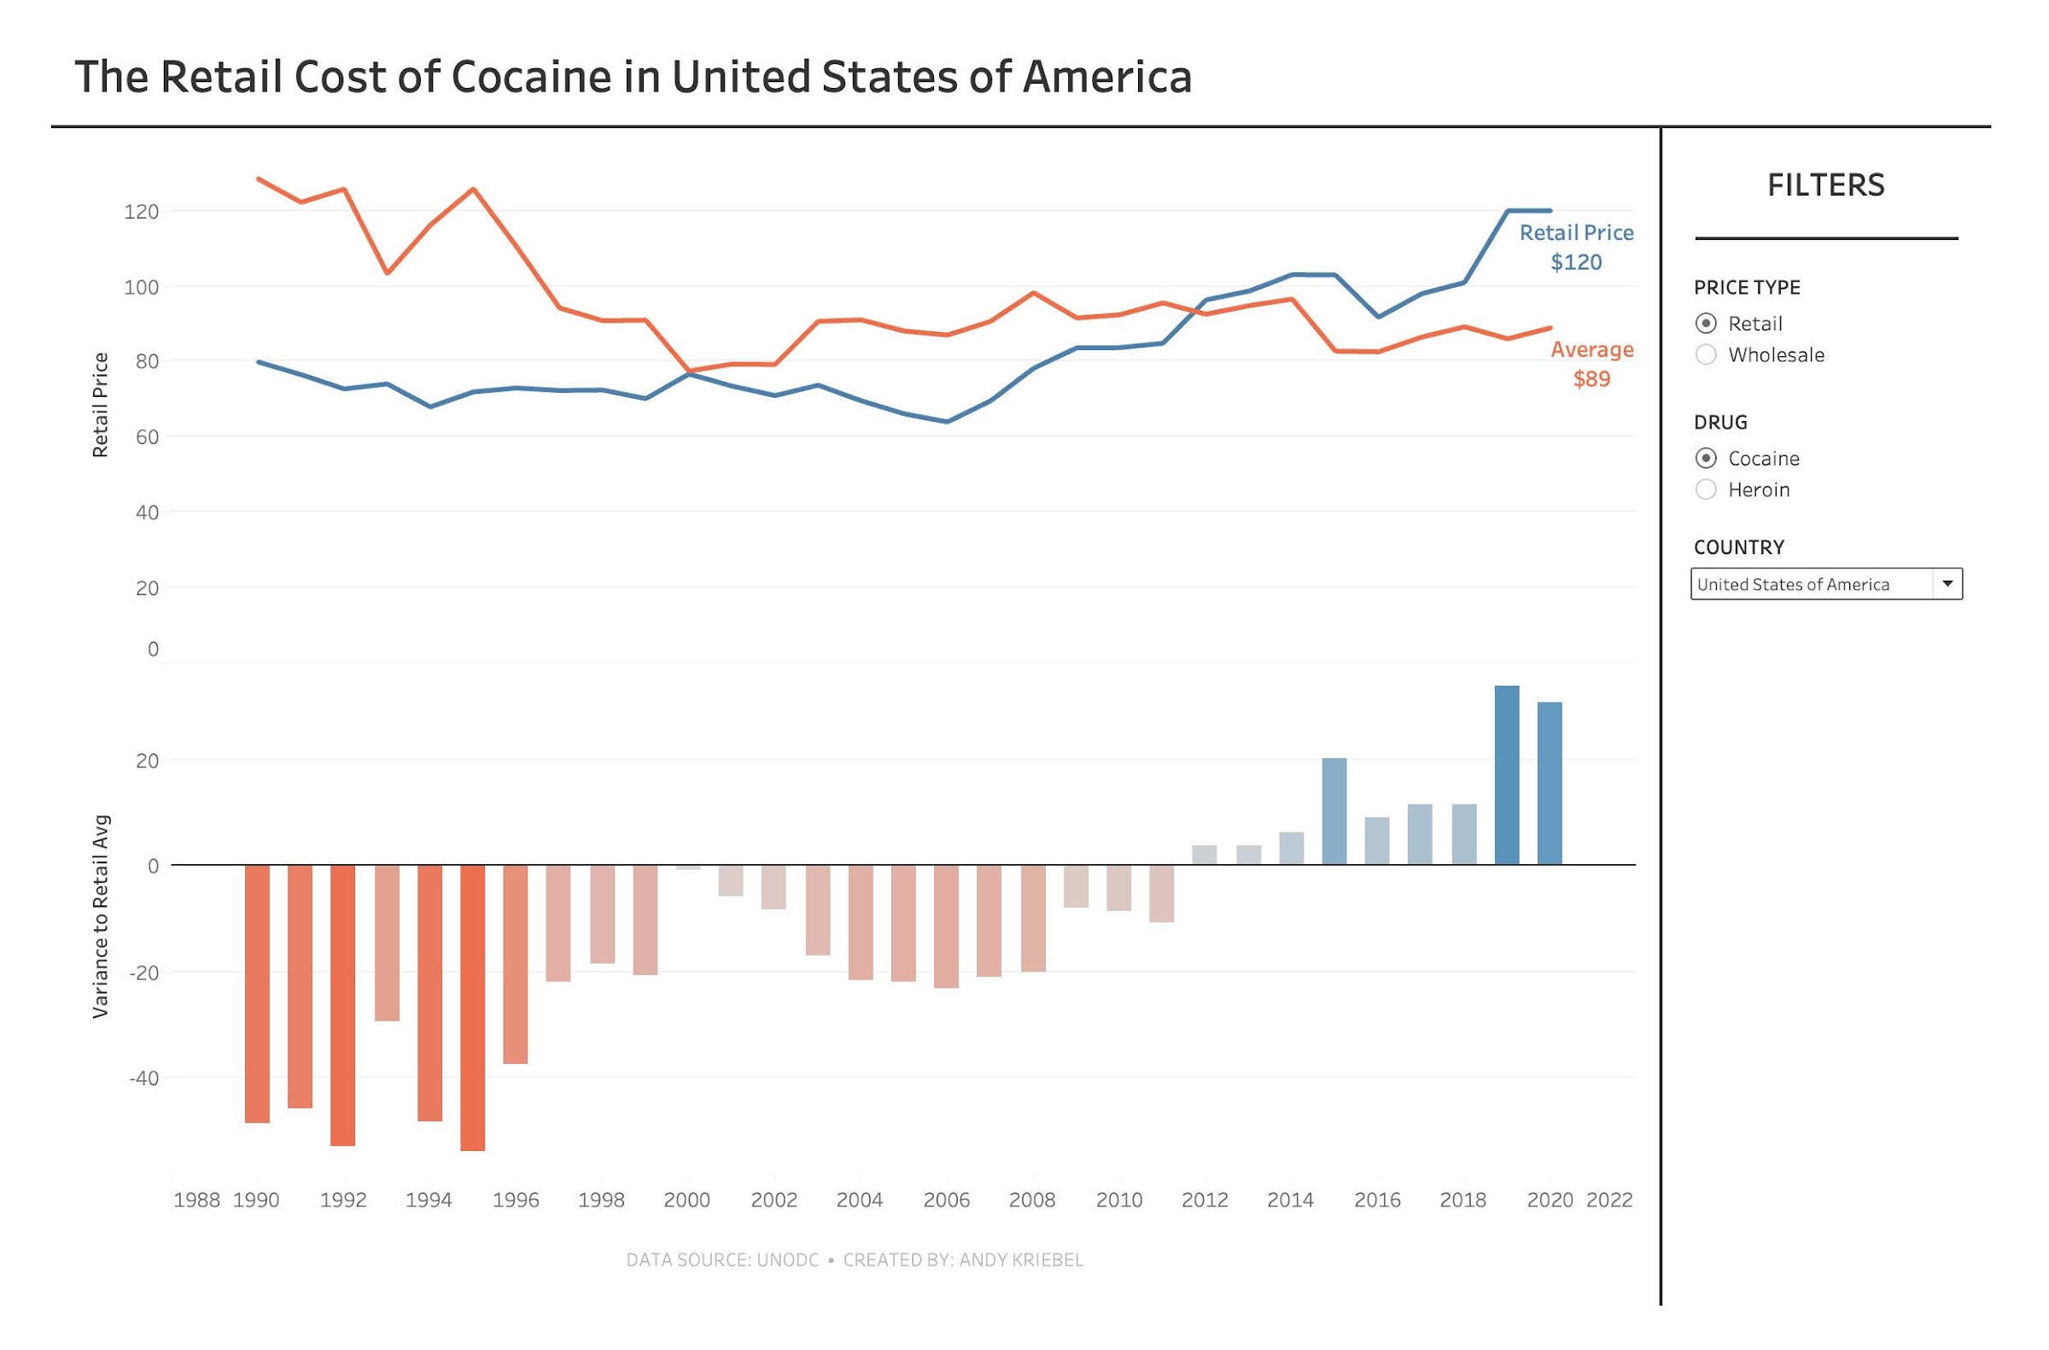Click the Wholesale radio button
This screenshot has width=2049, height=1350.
point(1706,354)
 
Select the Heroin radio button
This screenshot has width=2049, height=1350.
point(1706,490)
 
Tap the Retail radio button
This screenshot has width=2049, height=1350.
point(1706,324)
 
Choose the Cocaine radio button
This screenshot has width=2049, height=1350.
point(1706,459)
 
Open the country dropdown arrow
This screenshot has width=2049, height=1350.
point(1947,584)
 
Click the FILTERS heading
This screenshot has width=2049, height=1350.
point(1825,185)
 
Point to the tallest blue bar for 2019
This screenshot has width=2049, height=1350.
point(1506,774)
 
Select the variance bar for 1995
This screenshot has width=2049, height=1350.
point(473,1008)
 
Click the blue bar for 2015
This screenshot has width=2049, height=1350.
point(1334,811)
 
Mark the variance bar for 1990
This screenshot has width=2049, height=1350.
point(258,994)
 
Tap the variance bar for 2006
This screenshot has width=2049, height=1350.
point(946,926)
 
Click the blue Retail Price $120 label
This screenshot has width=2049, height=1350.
point(1575,247)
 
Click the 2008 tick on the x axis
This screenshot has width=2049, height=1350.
point(1032,1200)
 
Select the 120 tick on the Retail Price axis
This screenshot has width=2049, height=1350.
point(142,212)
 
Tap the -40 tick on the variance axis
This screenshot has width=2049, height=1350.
point(143,1078)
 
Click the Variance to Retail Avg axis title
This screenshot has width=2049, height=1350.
point(101,916)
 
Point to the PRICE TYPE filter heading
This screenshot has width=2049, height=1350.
point(1747,288)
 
